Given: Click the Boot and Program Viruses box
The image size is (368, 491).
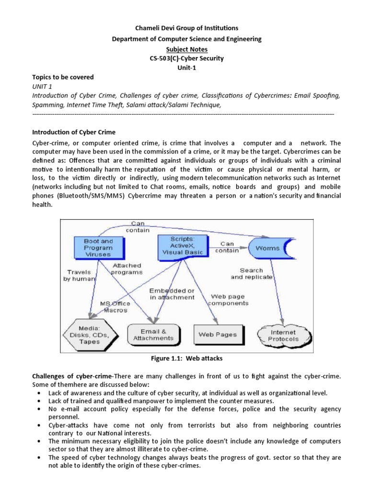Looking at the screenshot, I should click(99, 248).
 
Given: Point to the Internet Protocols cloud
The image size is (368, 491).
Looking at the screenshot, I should click(284, 334).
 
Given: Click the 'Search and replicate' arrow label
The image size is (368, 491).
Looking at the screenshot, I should click(252, 274).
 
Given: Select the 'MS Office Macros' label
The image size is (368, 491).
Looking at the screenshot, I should click(114, 307).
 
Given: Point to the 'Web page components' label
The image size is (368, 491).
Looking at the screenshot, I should click(229, 300).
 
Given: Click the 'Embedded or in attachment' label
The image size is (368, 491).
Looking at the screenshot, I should click(172, 294).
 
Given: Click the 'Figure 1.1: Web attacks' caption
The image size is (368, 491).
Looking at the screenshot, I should click(184, 359).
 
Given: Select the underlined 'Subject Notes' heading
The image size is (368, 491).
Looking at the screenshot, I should click(184, 49).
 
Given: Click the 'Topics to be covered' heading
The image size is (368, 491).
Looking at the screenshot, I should click(63, 77).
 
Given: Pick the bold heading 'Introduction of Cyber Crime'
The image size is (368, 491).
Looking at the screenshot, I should click(74, 132).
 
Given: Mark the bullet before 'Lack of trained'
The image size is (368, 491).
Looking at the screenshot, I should click(38, 401).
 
